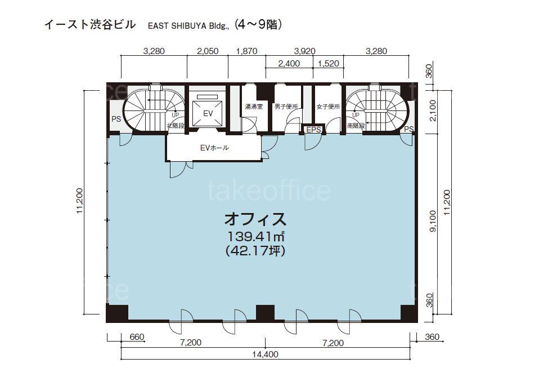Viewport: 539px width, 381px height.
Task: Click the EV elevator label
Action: [208, 113]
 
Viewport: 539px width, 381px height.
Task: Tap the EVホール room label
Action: [214, 148]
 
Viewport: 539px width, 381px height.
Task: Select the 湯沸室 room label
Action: [254, 107]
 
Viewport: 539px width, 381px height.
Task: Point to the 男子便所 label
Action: [286, 107]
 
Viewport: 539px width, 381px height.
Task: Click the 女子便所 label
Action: [328, 107]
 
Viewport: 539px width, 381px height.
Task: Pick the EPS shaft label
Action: [313, 130]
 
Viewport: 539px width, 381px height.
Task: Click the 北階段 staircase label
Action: [176, 126]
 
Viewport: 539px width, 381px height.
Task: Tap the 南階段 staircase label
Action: [356, 126]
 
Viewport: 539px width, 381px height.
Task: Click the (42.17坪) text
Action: [255, 251]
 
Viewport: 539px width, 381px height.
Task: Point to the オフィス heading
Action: [255, 219]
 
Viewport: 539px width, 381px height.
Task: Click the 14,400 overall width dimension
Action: [266, 354]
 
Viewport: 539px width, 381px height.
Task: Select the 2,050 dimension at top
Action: [208, 51]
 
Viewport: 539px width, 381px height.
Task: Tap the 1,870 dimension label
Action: [247, 51]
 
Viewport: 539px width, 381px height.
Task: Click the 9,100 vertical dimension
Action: [433, 221]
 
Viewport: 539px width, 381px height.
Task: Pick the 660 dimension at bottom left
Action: [137, 337]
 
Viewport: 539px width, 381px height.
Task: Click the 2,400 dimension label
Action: [289, 64]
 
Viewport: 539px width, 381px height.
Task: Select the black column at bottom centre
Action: [266, 313]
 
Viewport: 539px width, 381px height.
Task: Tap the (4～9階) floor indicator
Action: [258, 25]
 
